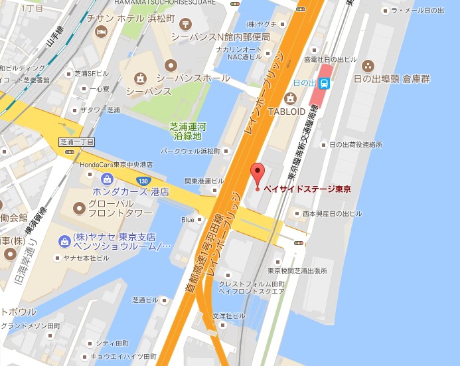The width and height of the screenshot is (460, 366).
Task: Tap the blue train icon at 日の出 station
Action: click(x=325, y=83)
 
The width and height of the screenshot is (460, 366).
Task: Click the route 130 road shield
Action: click(x=143, y=180)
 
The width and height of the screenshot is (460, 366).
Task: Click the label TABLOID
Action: click(x=287, y=112)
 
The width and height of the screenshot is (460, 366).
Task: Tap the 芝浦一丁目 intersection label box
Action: click(x=77, y=141)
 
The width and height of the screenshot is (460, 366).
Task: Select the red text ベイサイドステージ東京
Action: click(x=307, y=189)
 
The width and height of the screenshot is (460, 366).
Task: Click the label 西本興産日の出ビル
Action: click(x=332, y=214)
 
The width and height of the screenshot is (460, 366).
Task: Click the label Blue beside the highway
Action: click(x=188, y=220)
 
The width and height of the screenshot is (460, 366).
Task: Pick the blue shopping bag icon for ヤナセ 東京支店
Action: click(x=64, y=240)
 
